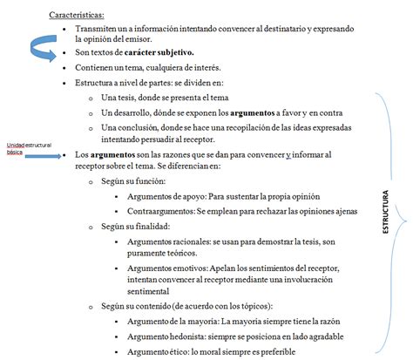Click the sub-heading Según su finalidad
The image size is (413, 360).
(x=133, y=225)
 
